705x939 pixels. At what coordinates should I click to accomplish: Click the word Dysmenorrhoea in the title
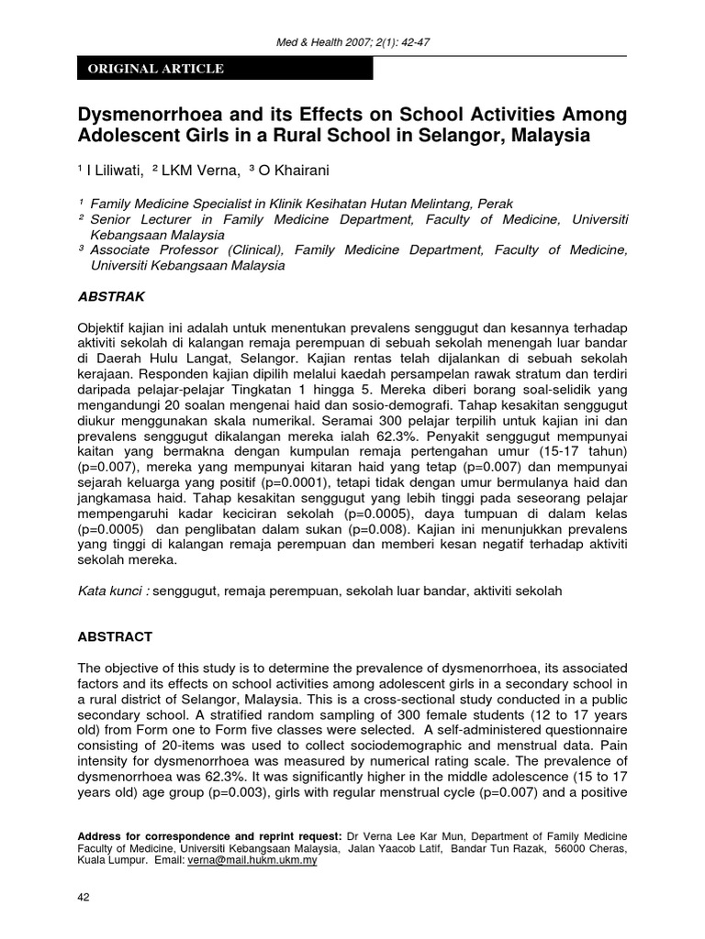158,116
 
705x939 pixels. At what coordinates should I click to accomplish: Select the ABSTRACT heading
115,636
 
